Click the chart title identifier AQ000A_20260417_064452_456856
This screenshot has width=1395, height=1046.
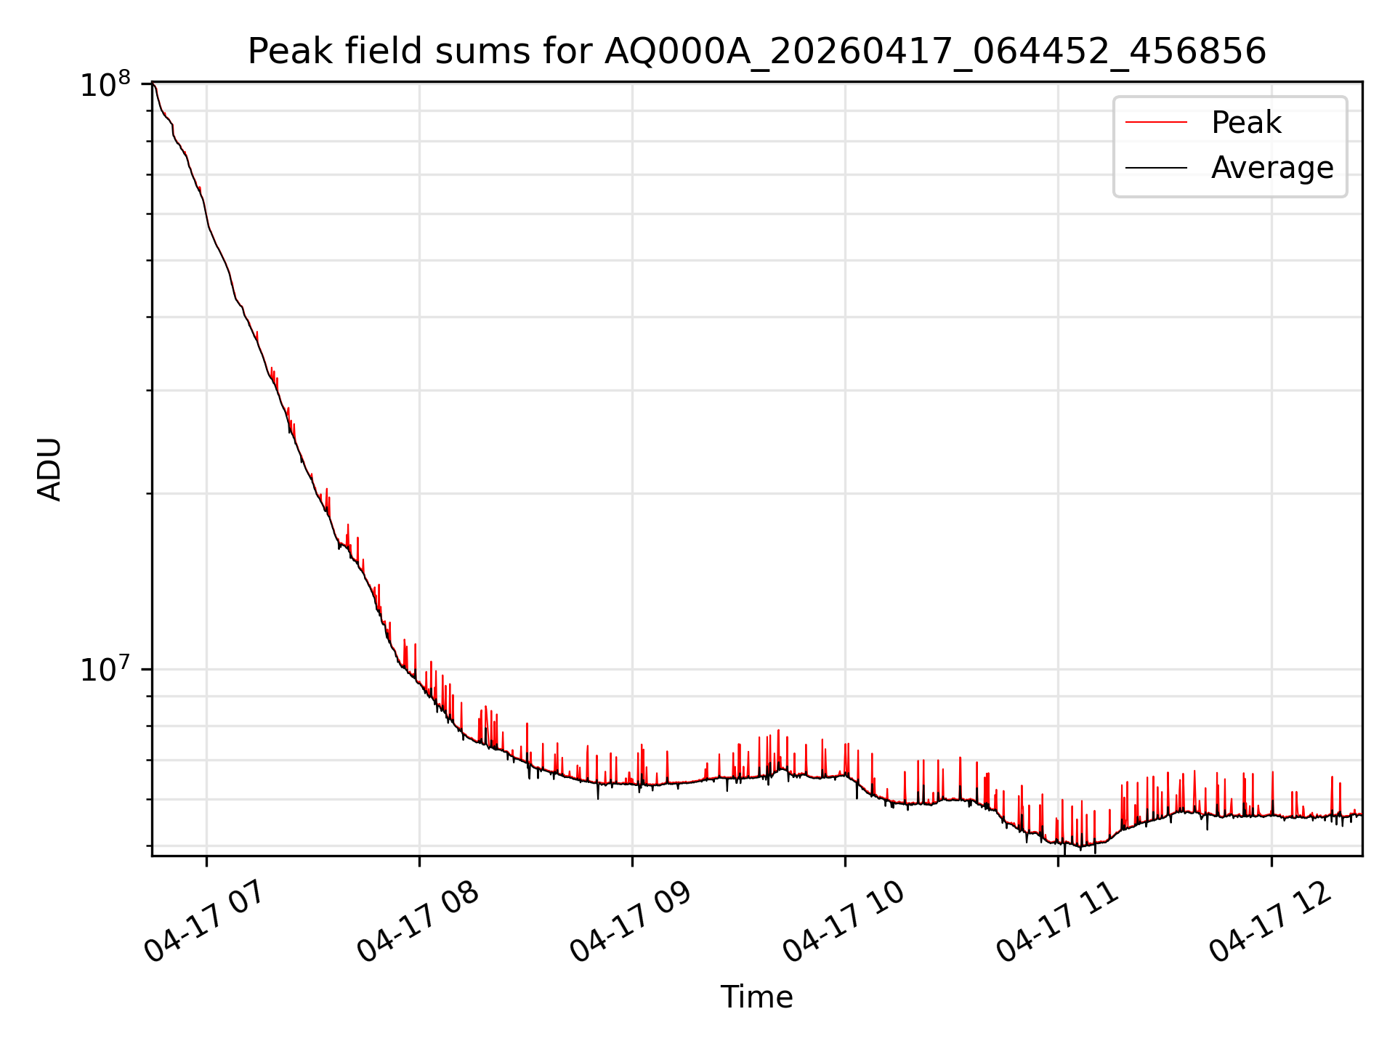click(936, 52)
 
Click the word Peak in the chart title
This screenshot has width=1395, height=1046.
click(278, 52)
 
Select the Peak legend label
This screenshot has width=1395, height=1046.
click(1246, 123)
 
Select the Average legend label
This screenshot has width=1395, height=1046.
click(1272, 168)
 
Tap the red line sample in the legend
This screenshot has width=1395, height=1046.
click(1156, 123)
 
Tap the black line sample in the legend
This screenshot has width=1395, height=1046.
click(1156, 168)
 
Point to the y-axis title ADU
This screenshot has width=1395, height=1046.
click(49, 469)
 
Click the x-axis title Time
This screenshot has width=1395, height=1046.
click(756, 997)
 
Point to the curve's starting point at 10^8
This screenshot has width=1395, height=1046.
click(153, 84)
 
